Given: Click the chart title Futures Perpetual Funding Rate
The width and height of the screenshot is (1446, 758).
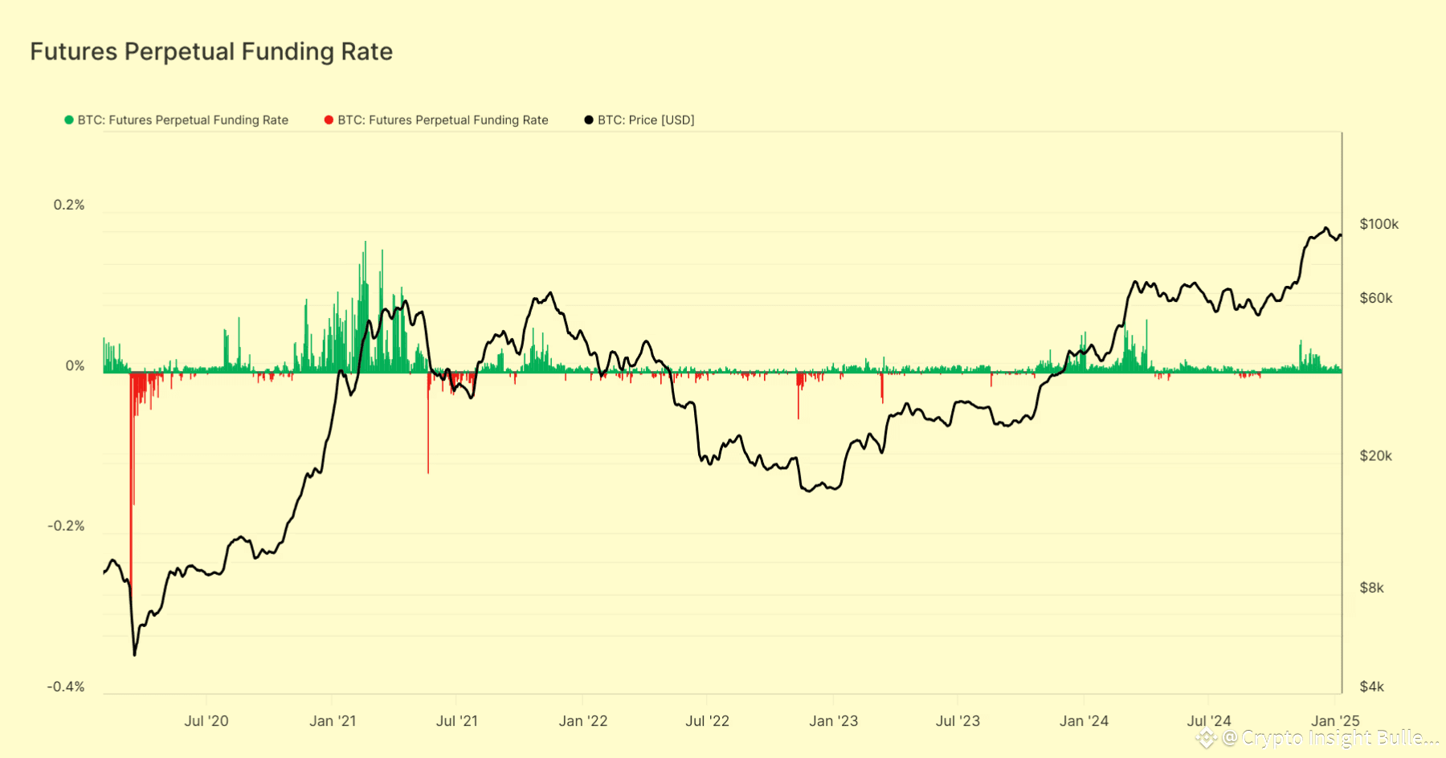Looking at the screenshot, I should [211, 51].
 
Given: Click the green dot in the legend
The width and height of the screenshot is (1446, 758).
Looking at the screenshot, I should [69, 120].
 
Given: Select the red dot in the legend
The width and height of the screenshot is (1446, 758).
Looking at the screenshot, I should [329, 120].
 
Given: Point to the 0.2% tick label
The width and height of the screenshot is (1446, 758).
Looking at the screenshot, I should [69, 205].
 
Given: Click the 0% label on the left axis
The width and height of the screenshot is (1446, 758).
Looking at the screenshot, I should [75, 366].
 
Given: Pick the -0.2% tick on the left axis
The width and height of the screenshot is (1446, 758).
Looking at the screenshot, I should [66, 526].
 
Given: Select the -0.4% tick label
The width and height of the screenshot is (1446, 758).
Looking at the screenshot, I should [66, 687].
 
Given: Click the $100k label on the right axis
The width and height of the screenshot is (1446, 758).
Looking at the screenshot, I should [1379, 224].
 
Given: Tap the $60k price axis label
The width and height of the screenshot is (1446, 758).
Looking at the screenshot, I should [1376, 298].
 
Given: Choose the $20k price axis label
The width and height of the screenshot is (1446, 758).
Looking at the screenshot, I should [1375, 455].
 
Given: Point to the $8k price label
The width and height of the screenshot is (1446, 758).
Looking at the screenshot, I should [1371, 588].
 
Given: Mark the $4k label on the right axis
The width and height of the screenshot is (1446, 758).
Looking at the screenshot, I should [1371, 687].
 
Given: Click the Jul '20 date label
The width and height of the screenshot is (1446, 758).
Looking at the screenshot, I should [206, 721].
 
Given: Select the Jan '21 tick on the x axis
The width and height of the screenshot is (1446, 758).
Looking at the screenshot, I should [333, 721].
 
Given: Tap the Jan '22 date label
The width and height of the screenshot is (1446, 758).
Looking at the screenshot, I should [583, 721].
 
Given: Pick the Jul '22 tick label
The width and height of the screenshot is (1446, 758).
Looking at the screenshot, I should [707, 721].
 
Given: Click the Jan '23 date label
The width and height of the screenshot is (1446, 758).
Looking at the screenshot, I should [833, 721].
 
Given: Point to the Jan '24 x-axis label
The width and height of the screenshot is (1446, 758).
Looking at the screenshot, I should [1084, 721].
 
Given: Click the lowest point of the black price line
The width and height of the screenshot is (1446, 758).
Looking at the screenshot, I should [134, 655].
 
